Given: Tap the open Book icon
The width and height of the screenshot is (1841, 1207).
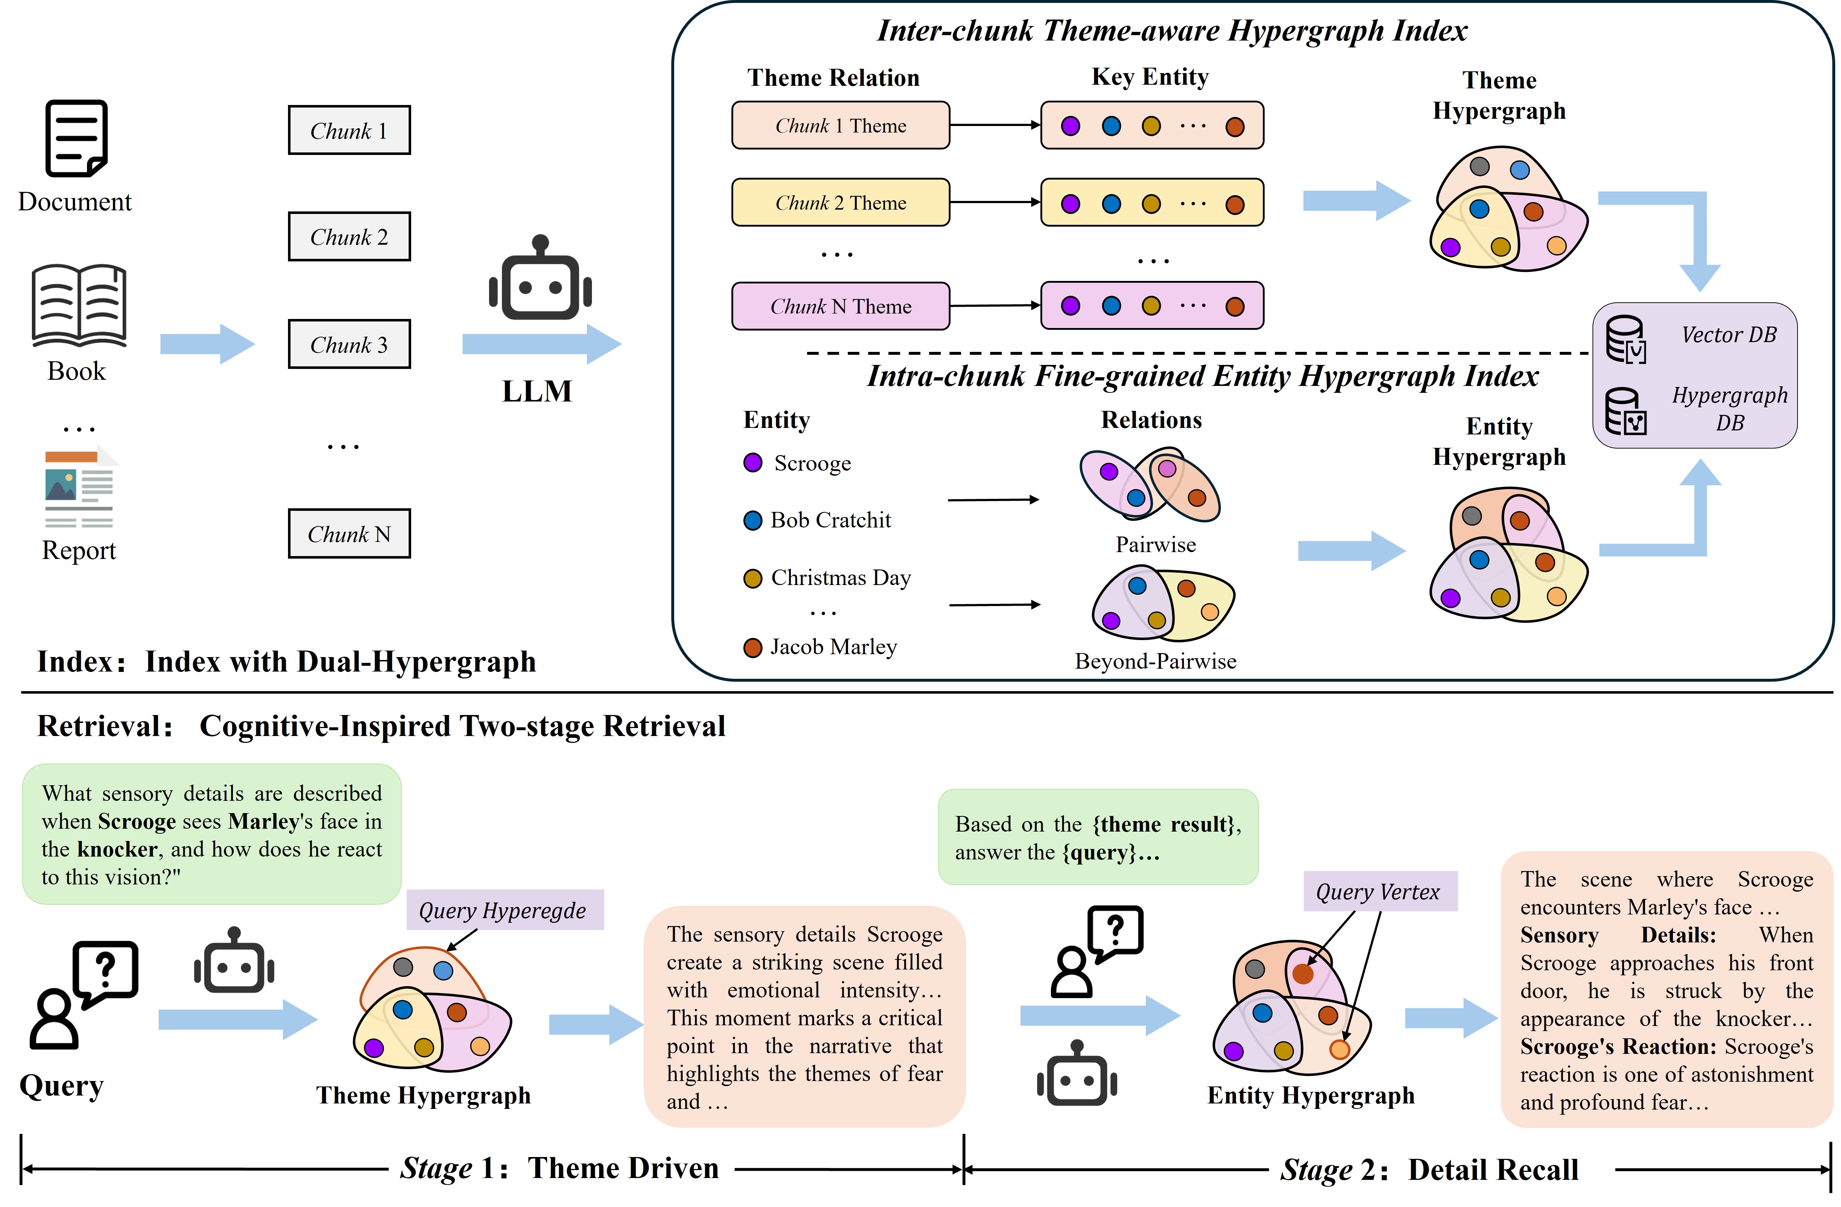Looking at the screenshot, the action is point(79,306).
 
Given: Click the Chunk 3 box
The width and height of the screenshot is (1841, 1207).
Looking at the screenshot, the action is point(349,344).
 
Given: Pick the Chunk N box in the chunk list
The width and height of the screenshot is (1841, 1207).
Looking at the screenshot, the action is point(349,534).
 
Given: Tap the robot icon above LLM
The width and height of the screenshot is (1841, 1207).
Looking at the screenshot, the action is point(540,278).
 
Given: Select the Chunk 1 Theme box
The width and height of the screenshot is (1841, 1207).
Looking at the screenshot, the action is point(841,125).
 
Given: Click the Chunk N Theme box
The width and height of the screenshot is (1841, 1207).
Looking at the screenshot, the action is point(841,306).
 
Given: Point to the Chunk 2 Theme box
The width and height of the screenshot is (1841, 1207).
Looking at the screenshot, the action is point(841,203).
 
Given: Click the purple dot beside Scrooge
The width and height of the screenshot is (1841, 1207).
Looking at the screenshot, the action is point(753,462).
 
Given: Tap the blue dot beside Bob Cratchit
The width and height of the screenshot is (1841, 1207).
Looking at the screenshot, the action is point(753,520).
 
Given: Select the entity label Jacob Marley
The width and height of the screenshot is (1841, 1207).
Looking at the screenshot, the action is point(833,647).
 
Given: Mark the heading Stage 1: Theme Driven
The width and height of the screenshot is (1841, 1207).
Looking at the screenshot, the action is point(559,1168).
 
